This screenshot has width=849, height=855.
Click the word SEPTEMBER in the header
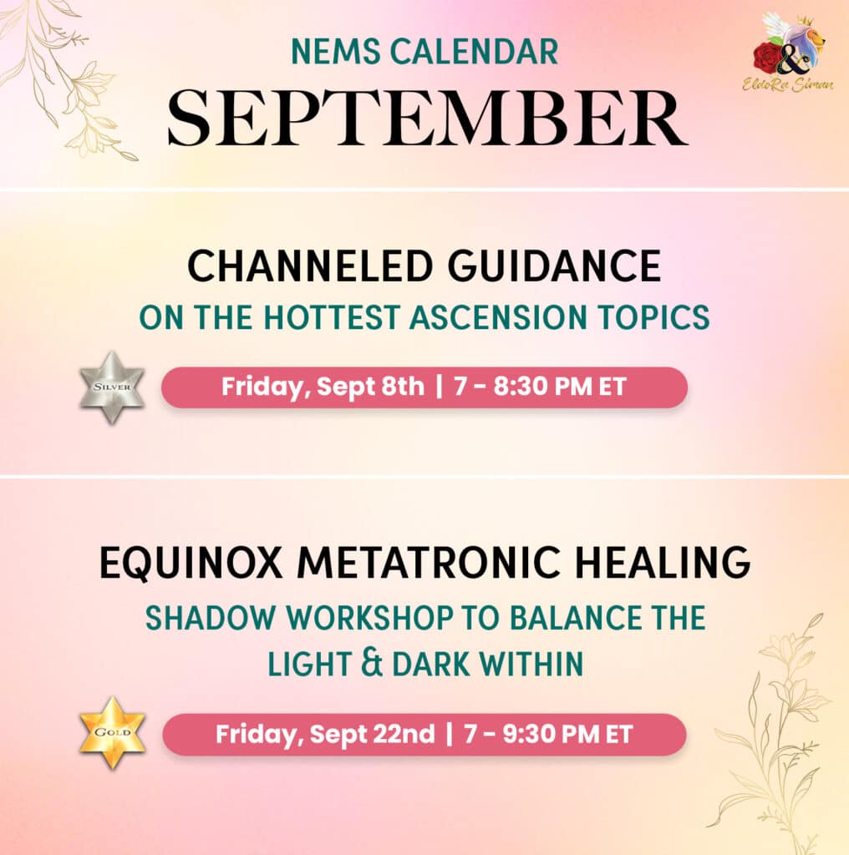427,119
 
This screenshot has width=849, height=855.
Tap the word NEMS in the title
336,51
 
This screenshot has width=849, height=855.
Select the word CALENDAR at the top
474,51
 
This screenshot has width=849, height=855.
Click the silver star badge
112,387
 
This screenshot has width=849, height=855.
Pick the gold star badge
112,732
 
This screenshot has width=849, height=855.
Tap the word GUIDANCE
554,266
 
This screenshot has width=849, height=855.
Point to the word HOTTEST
332,317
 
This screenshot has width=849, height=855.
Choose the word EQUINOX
191,562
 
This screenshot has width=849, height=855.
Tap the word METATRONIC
429,562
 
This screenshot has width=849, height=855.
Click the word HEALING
663,562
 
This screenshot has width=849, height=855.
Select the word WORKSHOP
370,618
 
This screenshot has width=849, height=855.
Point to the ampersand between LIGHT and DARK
372,664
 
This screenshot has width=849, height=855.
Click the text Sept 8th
370,387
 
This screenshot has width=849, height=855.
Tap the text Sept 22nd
372,734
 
